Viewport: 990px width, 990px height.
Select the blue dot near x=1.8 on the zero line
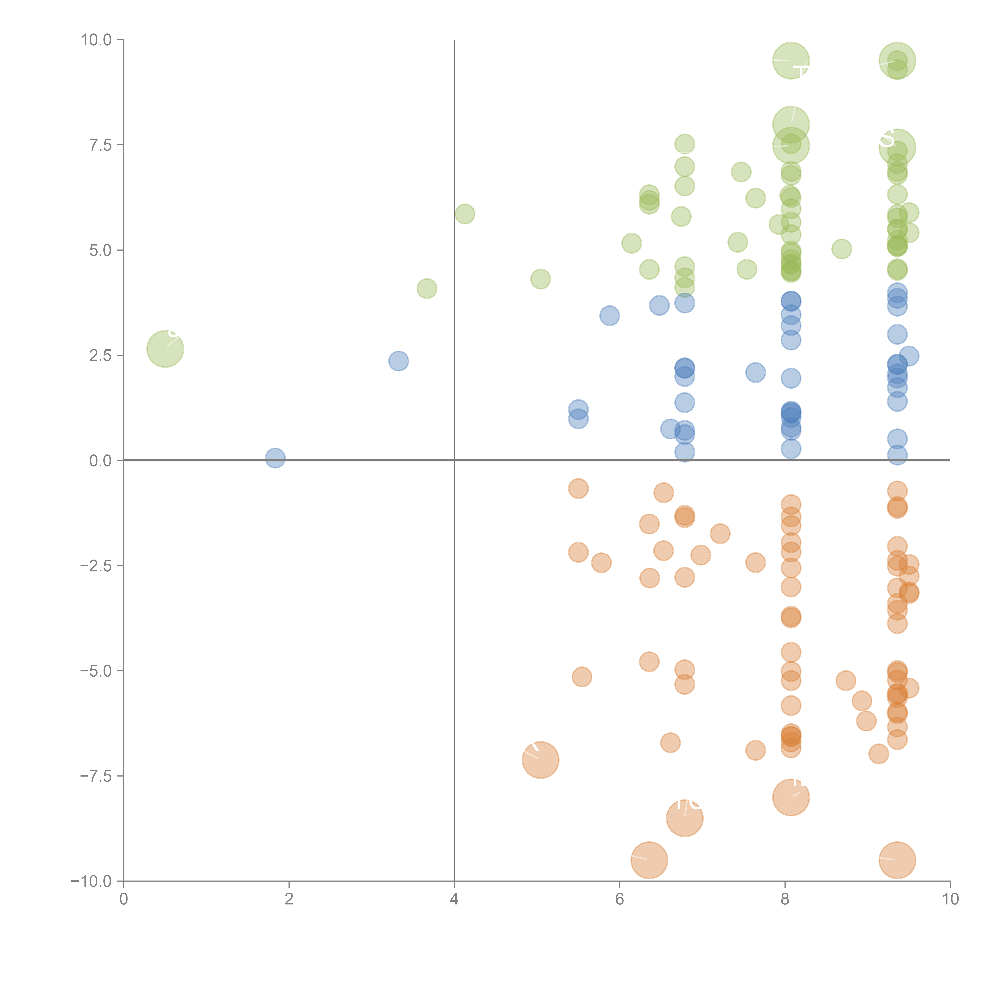coord(275,458)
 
